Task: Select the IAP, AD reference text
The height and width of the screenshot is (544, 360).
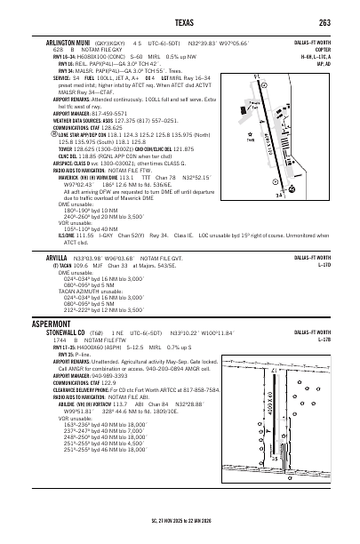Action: (x=330, y=64)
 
